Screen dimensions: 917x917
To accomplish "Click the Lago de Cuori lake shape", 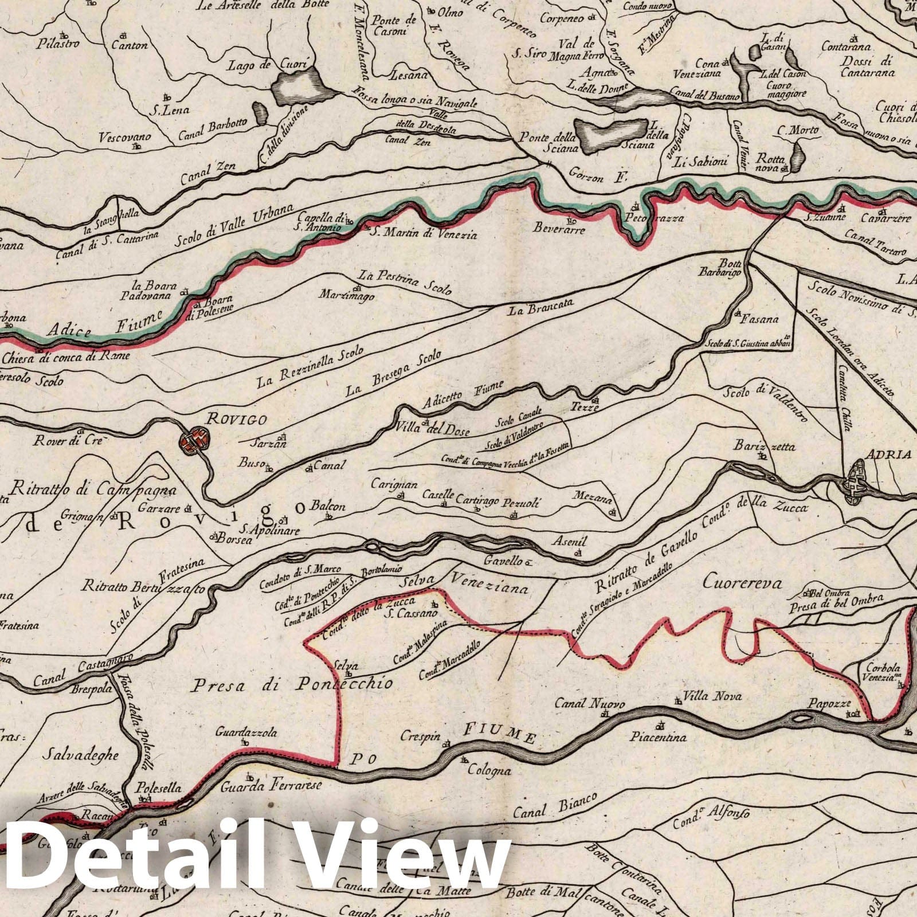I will click(x=297, y=86).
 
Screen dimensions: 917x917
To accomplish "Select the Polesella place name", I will click(x=159, y=788).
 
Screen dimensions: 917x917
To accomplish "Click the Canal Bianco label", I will click(x=555, y=805).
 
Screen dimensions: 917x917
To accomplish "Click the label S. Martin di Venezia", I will click(x=423, y=234).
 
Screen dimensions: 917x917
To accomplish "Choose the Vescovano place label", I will click(x=124, y=137).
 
